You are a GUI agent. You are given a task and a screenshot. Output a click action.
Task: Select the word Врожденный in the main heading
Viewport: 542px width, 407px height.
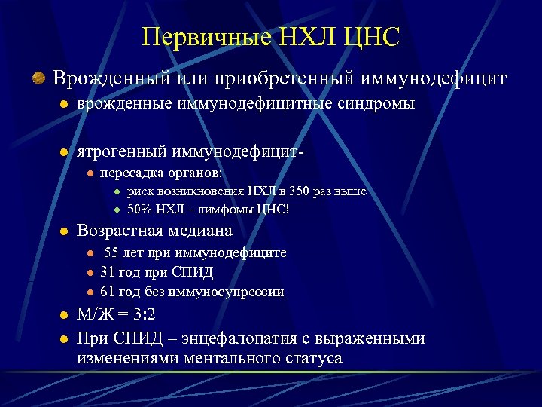click(114, 78)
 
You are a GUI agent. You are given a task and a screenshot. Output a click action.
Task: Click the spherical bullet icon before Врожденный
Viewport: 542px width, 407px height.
click(37, 78)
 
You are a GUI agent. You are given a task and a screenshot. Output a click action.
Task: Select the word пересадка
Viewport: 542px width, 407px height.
click(129, 173)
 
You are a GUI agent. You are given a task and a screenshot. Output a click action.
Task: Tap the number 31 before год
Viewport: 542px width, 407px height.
click(108, 272)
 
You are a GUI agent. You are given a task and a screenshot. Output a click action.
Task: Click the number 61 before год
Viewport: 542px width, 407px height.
click(108, 292)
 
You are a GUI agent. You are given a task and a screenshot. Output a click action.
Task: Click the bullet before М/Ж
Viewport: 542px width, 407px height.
click(64, 315)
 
